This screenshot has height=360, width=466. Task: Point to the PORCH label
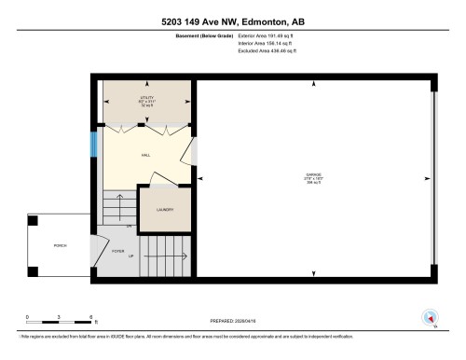(60, 245)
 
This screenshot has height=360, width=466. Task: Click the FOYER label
(118, 249)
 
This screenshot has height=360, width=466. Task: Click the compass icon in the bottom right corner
(431, 317)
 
